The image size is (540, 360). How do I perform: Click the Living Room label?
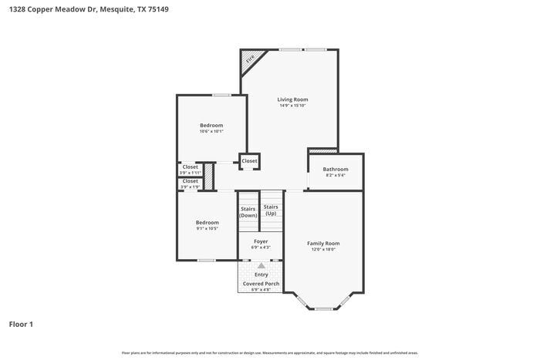[292, 99]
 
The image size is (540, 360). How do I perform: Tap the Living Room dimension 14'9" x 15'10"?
[292, 106]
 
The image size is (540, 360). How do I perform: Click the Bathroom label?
[336, 169]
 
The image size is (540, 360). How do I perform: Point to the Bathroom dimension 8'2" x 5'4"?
[336, 175]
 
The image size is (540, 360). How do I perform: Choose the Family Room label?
[324, 244]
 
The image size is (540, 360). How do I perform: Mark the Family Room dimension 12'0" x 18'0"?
[324, 250]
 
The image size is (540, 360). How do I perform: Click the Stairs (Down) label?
[248, 212]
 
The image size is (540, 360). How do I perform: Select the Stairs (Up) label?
[271, 210]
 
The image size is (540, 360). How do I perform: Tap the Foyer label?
[262, 241]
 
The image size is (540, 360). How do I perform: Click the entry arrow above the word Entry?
[262, 265]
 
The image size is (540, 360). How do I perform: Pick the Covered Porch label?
[262, 284]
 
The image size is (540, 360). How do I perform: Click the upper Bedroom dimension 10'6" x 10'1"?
[211, 132]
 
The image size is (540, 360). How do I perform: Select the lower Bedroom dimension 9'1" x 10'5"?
[207, 229]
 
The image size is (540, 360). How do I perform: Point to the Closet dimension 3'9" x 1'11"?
[190, 173]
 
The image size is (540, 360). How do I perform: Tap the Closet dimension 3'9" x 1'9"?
[190, 187]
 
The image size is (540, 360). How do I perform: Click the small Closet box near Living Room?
[249, 161]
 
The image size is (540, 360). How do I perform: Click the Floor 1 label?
[21, 325]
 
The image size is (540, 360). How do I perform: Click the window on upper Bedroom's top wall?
[222, 95]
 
